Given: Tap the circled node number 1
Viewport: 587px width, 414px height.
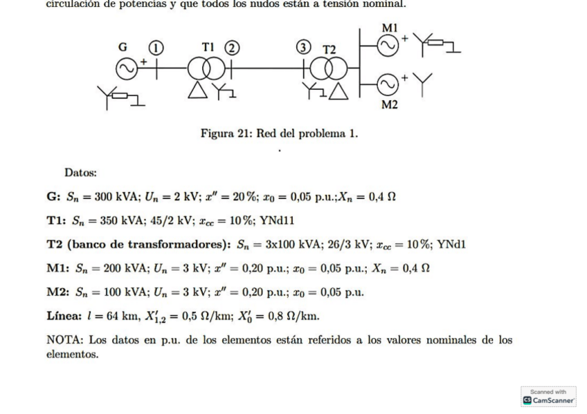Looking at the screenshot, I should point(157,48).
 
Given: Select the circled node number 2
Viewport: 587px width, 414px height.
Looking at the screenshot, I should point(233,48).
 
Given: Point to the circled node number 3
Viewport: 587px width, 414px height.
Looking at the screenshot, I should point(302,48).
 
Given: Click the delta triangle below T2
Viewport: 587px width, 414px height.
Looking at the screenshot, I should point(338,92).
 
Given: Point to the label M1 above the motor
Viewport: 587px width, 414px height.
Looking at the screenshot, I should point(390,27).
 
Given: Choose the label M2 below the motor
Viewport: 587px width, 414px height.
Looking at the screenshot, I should point(390,104).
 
